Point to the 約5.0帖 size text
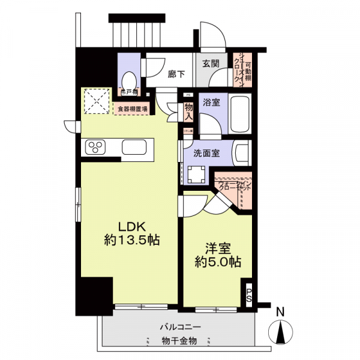pyautogui.click(x=218, y=262)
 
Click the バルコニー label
pyautogui.click(x=180, y=328)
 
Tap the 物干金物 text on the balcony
pyautogui.click(x=180, y=341)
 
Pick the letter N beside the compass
pyautogui.click(x=280, y=313)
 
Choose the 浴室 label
pyautogui.click(x=210, y=103)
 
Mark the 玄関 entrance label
pyautogui.click(x=210, y=64)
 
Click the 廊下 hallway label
pyautogui.click(x=176, y=74)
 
